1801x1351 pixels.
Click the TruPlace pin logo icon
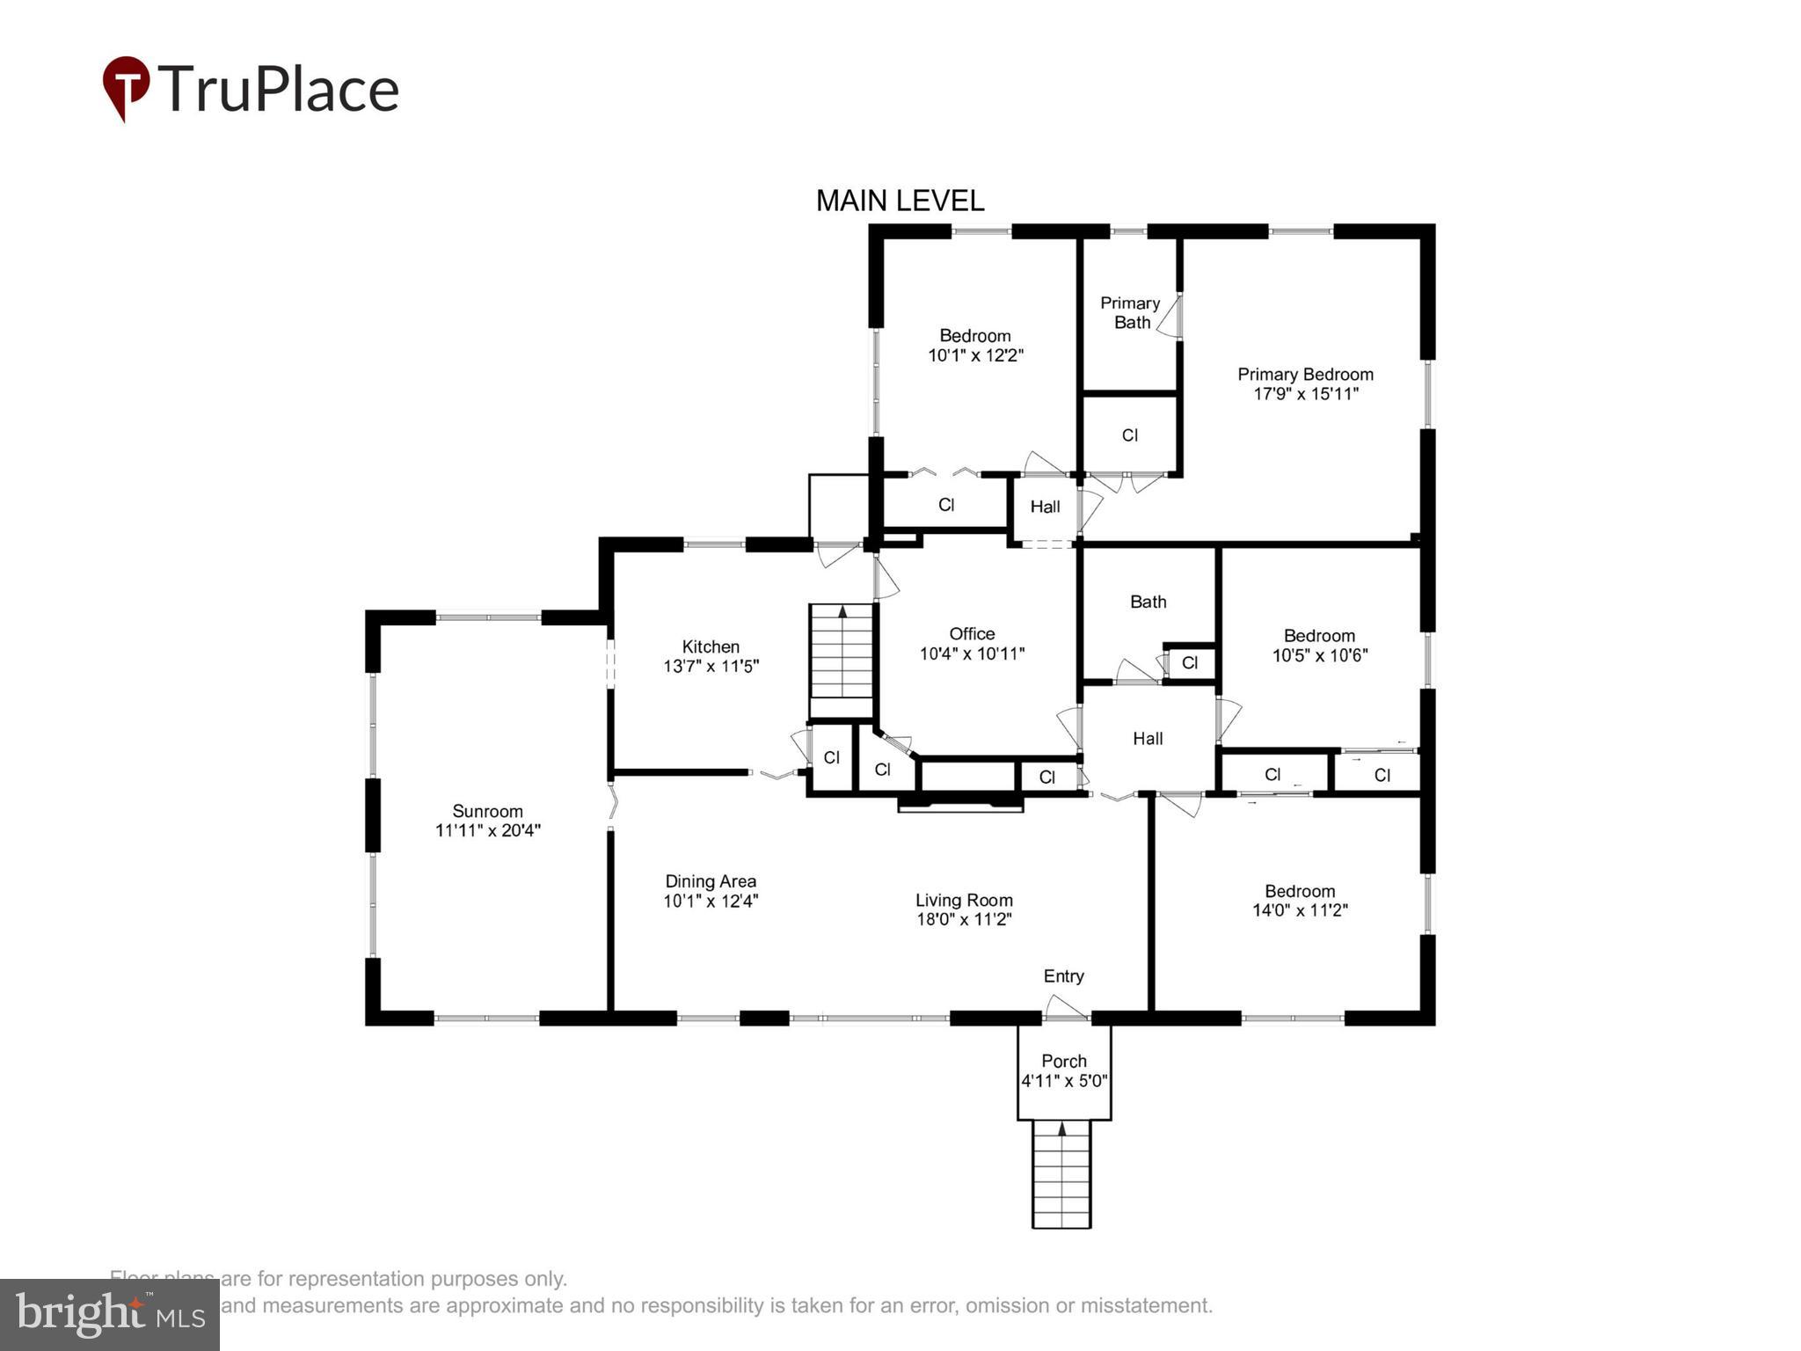[126, 86]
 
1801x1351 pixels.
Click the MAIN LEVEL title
[900, 201]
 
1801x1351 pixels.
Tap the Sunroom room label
[487, 811]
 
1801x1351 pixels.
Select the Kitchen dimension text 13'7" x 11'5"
[711, 666]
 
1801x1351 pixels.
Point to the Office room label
[972, 633]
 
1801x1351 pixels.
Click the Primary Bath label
[1130, 312]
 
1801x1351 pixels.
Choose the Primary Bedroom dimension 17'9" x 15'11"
[1305, 393]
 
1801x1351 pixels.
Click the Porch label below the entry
[1063, 1061]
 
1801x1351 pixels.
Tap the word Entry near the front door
[1063, 975]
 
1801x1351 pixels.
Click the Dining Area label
[711, 880]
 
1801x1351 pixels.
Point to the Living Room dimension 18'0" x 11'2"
[964, 919]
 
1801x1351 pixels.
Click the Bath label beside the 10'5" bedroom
[1148, 602]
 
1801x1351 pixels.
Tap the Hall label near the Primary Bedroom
[1045, 507]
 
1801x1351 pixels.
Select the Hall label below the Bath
[1148, 739]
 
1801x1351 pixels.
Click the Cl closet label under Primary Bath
[1130, 435]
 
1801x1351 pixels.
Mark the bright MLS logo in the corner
[109, 1314]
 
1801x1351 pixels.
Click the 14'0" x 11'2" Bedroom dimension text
[1300, 910]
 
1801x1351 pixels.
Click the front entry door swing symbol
[1066, 1006]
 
